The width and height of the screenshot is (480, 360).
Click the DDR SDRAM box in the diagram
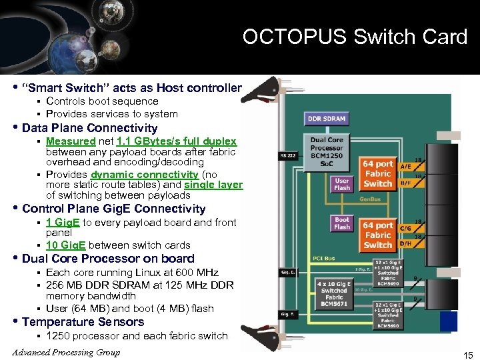pos(326,118)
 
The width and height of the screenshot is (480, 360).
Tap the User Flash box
pos(342,183)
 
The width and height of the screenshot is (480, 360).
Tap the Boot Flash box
pos(342,223)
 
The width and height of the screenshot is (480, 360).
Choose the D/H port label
pos(405,243)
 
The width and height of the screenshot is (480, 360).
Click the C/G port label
pos(405,228)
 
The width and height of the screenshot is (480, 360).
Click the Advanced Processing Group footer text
pos(66,353)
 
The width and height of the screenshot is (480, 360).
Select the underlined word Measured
pos(71,141)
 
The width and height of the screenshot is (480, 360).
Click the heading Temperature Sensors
pos(83,322)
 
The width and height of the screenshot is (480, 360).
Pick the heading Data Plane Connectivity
pos(89,128)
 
